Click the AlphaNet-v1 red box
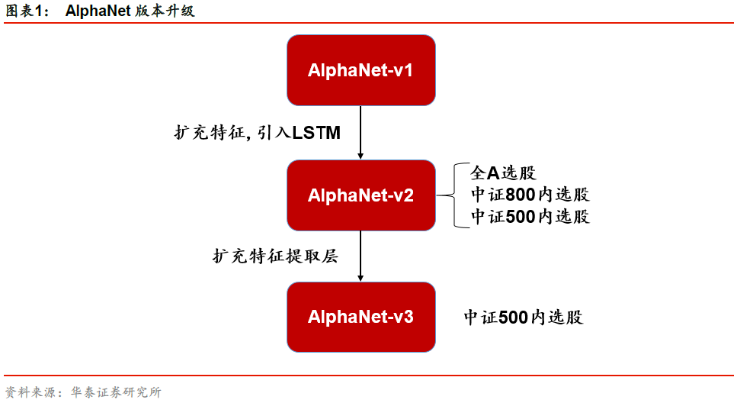[360, 70]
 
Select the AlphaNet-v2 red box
[360, 195]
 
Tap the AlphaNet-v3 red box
[360, 317]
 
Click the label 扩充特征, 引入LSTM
[257, 133]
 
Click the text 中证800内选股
[530, 195]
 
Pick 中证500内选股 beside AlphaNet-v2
[530, 216]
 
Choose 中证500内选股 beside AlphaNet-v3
[524, 318]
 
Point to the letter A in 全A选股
[493, 173]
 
